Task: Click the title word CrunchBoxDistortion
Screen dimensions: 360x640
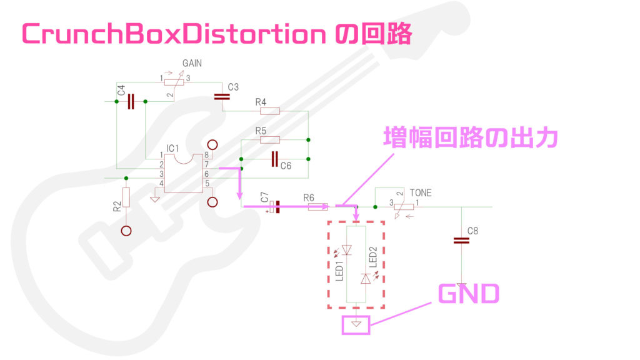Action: [x=169, y=34]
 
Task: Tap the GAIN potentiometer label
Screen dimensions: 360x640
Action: [x=192, y=64]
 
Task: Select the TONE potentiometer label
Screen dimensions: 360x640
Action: [x=421, y=192]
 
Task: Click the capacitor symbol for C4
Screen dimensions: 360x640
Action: [x=131, y=101]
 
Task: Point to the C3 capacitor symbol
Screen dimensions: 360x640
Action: [x=222, y=96]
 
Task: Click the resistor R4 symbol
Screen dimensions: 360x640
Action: [x=269, y=111]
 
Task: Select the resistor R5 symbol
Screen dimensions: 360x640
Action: [x=269, y=140]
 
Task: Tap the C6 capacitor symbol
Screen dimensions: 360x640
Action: [x=275, y=159]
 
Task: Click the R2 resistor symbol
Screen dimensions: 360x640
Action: [x=126, y=198]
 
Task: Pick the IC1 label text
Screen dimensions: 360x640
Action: [x=173, y=148]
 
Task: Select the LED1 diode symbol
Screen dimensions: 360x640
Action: [x=347, y=251]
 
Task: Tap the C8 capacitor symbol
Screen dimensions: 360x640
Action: [x=461, y=240]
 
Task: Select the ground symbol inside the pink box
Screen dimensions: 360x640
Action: [x=356, y=324]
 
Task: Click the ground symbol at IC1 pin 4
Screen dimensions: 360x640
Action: [x=155, y=199]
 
